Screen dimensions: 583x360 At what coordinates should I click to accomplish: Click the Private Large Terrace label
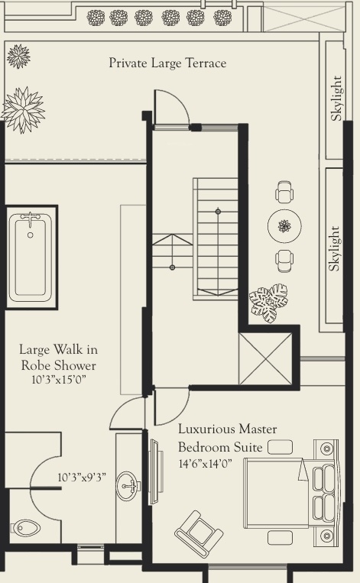[x=167, y=63]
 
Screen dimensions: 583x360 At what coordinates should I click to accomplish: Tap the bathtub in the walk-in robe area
[x=31, y=257]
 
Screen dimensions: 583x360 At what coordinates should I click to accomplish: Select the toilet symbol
[x=28, y=527]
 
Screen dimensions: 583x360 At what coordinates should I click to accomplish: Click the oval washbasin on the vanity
[x=130, y=484]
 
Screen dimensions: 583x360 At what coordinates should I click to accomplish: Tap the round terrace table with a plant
[x=284, y=225]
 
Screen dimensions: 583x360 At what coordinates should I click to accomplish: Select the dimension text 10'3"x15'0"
[x=59, y=379]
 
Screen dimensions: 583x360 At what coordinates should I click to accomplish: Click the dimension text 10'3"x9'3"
[x=82, y=478]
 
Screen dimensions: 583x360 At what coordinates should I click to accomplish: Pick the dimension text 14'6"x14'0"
[x=206, y=464]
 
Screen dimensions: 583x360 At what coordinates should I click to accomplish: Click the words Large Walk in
[x=59, y=350]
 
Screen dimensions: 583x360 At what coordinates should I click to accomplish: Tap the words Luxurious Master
[x=228, y=430]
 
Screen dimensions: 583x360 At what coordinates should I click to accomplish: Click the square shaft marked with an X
[x=265, y=358]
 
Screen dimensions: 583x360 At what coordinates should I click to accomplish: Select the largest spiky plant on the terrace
[x=23, y=109]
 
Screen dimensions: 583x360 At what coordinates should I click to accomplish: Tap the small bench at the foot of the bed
[x=280, y=447]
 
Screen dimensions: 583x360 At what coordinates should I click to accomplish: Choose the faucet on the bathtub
[x=31, y=222]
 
